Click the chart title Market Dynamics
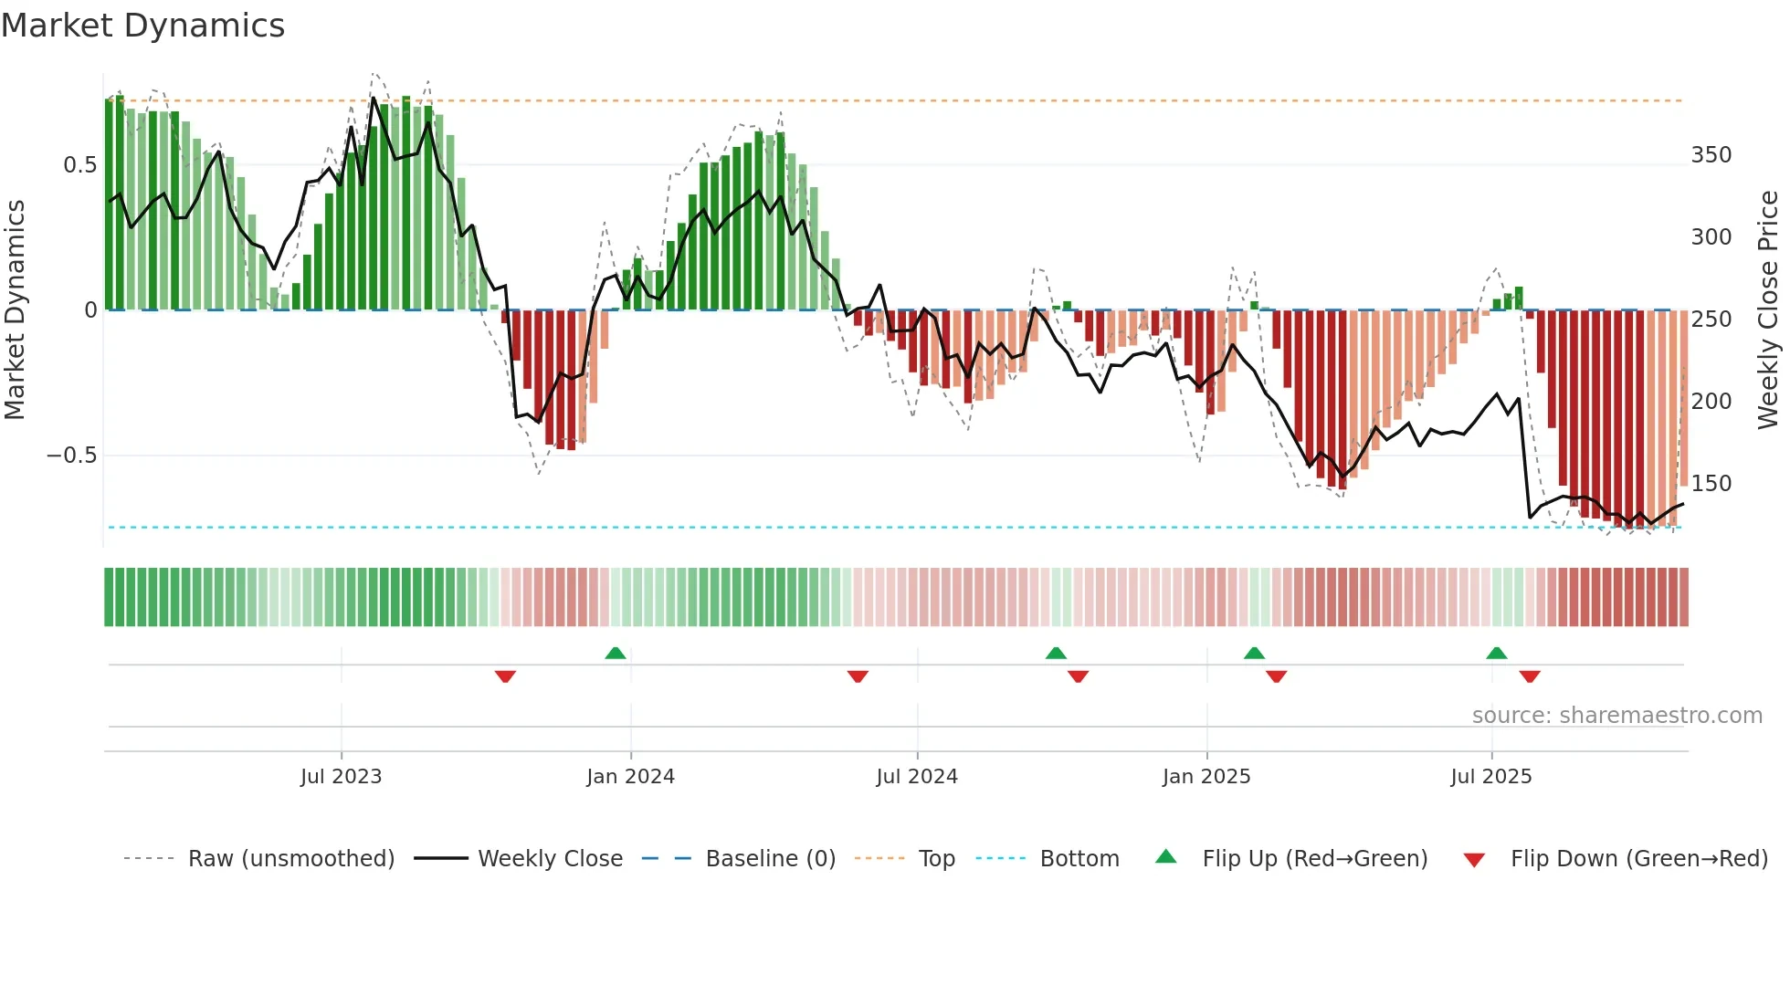143,26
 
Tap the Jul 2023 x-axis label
341,777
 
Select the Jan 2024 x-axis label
630,777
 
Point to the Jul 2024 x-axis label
917,777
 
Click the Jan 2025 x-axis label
1206,777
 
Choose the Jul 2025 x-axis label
1491,777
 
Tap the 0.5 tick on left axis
79,165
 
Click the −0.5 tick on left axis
71,456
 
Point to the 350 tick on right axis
1711,155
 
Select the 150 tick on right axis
1711,484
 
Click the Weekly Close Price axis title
1768,310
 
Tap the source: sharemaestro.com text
1616,716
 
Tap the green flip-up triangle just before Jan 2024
616,654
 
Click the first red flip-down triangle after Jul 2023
505,676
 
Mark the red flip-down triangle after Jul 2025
1530,676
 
